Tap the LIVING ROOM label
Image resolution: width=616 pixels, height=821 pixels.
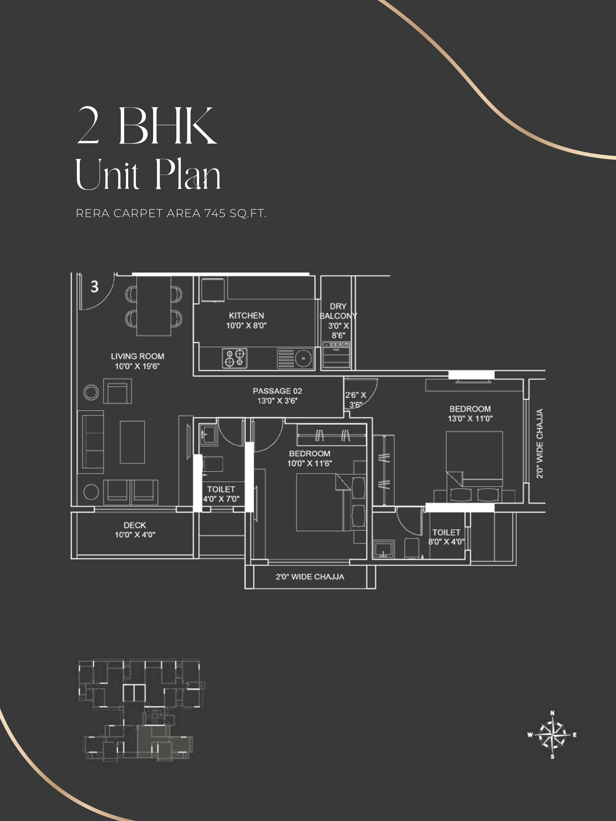point(137,356)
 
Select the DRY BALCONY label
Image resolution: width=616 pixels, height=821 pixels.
point(338,311)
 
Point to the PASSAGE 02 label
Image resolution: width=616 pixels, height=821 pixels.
point(277,391)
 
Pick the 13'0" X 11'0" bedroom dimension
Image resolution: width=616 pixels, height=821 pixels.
point(470,419)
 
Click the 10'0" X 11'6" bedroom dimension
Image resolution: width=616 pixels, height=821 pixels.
point(310,463)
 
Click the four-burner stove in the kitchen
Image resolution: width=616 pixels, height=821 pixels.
point(235,358)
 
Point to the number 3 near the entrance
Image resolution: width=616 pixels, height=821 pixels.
point(95,286)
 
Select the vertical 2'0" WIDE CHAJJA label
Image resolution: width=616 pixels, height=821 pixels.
point(540,443)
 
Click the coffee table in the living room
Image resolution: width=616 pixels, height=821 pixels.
point(132,442)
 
